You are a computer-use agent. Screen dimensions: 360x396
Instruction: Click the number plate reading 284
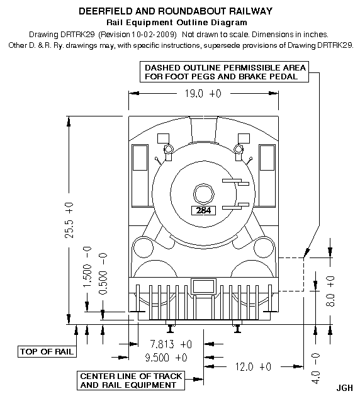(203, 210)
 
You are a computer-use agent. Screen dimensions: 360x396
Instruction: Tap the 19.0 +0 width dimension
(203, 94)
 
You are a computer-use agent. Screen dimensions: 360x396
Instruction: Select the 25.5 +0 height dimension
(69, 220)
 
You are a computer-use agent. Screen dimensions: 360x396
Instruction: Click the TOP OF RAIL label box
(47, 351)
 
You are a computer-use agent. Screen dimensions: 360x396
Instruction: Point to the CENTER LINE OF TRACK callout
(131, 381)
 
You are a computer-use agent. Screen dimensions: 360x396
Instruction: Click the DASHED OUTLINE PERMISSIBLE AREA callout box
(225, 72)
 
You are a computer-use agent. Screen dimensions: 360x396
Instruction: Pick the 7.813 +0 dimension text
(171, 344)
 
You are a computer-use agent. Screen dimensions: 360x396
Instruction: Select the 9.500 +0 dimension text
(166, 358)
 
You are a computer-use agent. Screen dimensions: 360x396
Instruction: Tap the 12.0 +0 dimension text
(253, 366)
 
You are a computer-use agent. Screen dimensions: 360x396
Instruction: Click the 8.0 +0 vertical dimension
(330, 291)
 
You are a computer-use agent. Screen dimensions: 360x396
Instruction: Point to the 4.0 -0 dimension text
(315, 368)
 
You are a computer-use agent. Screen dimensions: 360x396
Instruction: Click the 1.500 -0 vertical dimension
(87, 267)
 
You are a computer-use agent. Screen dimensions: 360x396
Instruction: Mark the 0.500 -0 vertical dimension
(103, 273)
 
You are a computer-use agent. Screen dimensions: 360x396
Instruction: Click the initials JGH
(345, 388)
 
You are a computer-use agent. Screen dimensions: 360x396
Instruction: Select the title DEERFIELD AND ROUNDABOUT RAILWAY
(176, 11)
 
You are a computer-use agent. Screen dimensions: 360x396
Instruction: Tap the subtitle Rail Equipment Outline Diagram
(177, 23)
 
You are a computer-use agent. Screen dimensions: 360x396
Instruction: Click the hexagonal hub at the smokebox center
(204, 194)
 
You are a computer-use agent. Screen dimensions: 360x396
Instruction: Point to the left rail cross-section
(171, 328)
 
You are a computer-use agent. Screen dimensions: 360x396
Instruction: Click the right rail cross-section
(237, 328)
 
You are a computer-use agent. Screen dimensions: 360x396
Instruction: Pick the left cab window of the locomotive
(140, 158)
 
